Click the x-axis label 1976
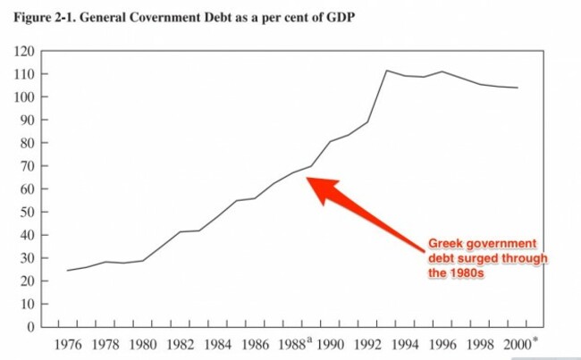pos(68,345)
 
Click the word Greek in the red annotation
pos(446,243)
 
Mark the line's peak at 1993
pos(385,70)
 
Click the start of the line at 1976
pos(67,270)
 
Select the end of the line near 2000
pos(518,88)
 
